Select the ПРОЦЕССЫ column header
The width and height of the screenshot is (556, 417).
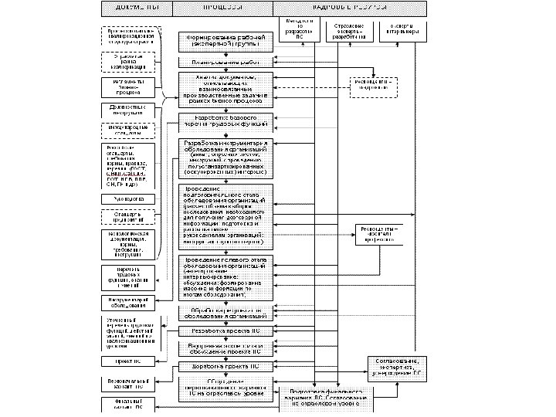[x=223, y=7]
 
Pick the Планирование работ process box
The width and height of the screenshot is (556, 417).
[x=225, y=63]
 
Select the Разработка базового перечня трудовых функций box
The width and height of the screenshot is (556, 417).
[x=225, y=120]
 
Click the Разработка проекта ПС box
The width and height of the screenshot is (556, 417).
[x=225, y=331]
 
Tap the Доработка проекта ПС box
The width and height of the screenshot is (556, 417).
[x=225, y=367]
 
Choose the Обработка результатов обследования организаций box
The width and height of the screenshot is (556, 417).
[x=225, y=313]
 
